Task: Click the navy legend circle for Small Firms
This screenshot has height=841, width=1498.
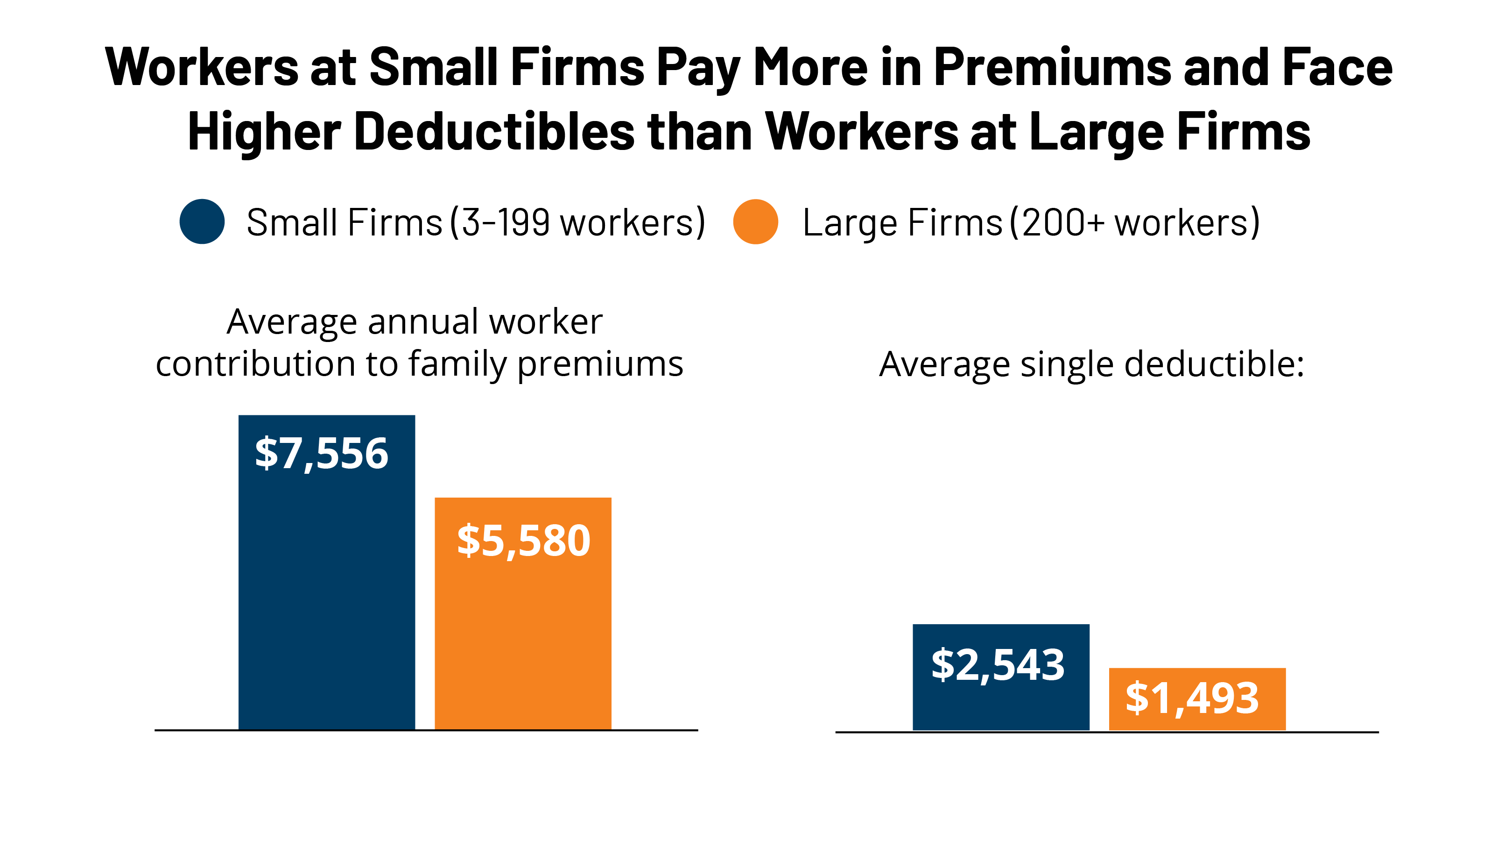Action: [202, 222]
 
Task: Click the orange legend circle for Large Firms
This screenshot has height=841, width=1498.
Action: [755, 222]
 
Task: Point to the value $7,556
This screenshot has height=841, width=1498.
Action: [322, 453]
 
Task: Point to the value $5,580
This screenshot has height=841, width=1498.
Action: [523, 541]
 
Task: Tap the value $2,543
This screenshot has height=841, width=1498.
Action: [998, 665]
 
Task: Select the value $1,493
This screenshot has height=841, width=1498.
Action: [1192, 698]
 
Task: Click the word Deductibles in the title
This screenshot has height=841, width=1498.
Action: [494, 132]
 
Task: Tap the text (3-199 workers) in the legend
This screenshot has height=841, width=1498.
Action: [577, 222]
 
